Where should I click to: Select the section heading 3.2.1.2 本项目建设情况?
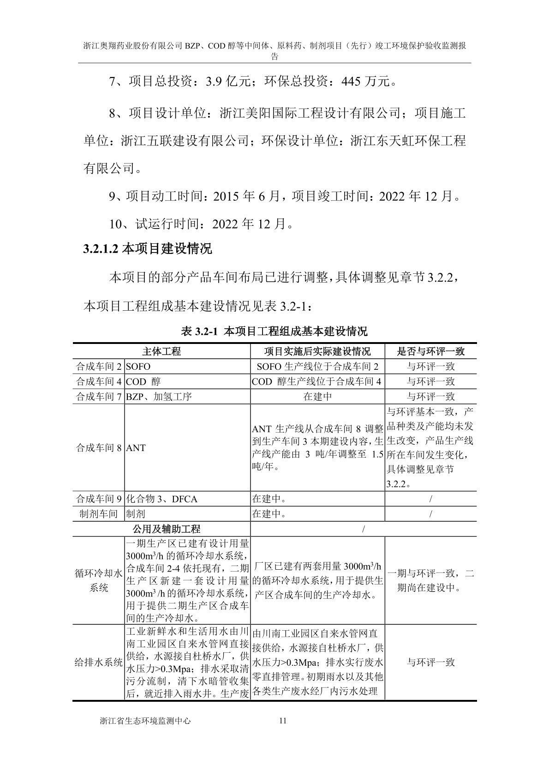[x=148, y=249]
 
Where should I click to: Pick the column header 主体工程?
[x=161, y=351]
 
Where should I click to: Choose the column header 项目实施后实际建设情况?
[x=317, y=351]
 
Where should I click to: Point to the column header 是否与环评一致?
[x=430, y=351]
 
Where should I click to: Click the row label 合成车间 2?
[x=98, y=367]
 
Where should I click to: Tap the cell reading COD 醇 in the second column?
[x=143, y=382]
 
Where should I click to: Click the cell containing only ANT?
[x=136, y=448]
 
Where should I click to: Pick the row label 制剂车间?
[x=98, y=514]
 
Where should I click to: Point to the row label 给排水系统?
[x=98, y=663]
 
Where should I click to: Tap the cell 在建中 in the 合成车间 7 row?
[x=317, y=397]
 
